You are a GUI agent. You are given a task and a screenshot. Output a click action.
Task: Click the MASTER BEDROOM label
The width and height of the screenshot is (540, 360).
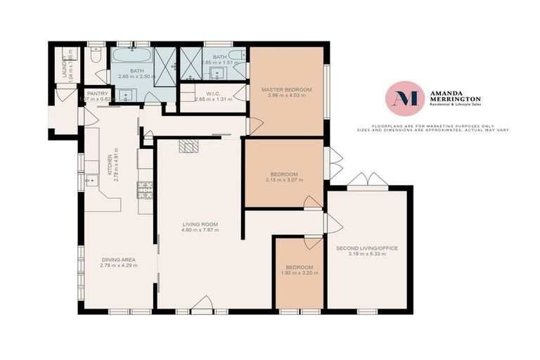[x=286, y=90]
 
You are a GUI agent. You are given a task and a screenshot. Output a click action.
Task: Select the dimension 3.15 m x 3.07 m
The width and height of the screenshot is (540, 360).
[x=285, y=180]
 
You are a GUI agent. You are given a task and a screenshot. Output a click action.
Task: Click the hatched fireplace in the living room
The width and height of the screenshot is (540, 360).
[x=188, y=146]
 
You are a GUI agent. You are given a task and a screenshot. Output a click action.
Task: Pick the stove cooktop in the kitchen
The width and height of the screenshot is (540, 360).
[x=146, y=191]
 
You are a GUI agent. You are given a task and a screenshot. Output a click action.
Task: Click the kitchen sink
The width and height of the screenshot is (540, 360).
[x=91, y=181]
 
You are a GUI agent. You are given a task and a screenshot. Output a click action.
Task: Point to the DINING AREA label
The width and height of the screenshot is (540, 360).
[x=117, y=259]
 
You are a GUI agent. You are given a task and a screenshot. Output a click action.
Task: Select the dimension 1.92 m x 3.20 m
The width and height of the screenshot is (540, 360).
[x=299, y=274]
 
